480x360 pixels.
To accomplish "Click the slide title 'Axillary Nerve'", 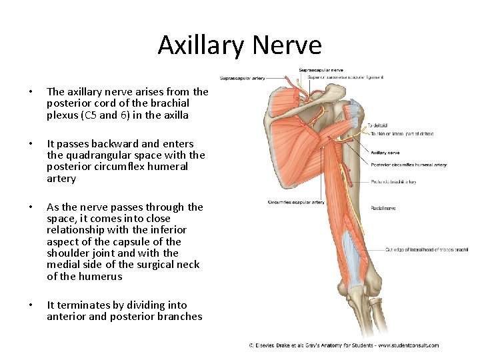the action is point(239,45).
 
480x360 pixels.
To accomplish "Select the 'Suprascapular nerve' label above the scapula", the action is point(321,69).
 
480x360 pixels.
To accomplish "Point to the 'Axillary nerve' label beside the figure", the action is point(385,153).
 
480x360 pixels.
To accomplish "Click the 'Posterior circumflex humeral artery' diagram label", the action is point(409,165).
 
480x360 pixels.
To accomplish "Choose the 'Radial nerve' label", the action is point(383,208).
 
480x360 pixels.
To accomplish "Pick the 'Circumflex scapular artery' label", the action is point(297,201).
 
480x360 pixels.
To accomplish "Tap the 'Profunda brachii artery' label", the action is point(393,181).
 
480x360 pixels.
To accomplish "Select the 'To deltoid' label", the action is point(377,125).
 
